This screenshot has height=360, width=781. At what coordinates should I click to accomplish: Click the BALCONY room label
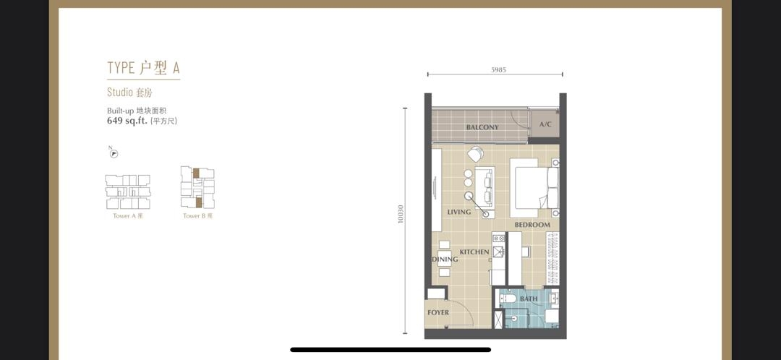click(482, 127)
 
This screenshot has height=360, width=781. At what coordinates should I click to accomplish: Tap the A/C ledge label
click(545, 124)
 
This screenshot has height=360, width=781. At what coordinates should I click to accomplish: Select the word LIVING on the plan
click(458, 212)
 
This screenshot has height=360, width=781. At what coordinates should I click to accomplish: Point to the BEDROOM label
click(532, 225)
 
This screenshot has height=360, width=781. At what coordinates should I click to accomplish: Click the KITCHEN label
click(474, 252)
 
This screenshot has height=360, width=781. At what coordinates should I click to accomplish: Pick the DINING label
click(445, 260)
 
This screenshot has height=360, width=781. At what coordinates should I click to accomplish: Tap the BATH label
click(529, 299)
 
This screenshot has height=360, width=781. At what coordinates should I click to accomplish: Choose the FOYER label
click(438, 313)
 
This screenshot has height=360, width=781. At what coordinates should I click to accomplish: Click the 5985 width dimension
click(498, 70)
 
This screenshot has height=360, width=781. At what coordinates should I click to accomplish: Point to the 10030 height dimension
click(400, 215)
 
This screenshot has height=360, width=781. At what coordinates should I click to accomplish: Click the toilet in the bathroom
click(505, 299)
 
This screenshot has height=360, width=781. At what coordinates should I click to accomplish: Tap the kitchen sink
click(498, 250)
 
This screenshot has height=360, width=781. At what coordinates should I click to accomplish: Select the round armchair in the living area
click(475, 154)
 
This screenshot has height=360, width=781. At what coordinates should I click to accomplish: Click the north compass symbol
click(114, 154)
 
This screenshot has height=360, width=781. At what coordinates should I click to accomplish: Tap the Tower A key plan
click(127, 192)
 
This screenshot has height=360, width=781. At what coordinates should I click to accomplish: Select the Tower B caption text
click(197, 216)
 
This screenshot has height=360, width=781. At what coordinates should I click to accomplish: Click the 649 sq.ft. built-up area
click(127, 121)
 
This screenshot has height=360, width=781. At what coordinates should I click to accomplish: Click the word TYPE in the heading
click(121, 68)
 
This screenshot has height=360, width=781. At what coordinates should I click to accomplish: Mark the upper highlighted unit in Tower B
click(196, 173)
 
